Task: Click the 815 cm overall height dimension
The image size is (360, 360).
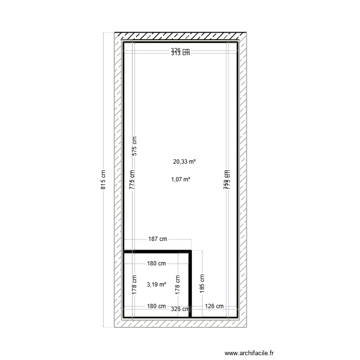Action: click(x=103, y=180)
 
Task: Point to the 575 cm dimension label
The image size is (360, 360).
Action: click(x=134, y=145)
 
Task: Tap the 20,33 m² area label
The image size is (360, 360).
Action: click(x=184, y=162)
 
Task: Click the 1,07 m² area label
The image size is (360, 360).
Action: click(x=180, y=180)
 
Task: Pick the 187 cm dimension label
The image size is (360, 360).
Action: click(x=157, y=239)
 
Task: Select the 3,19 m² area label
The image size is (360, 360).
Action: click(x=156, y=284)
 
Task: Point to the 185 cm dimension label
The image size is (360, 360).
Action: click(x=202, y=283)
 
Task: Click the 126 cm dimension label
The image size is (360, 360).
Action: click(x=214, y=306)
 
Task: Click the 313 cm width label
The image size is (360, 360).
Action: click(x=180, y=54)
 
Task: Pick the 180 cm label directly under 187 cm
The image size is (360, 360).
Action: click(x=156, y=263)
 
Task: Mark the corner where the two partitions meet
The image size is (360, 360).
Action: click(x=191, y=251)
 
